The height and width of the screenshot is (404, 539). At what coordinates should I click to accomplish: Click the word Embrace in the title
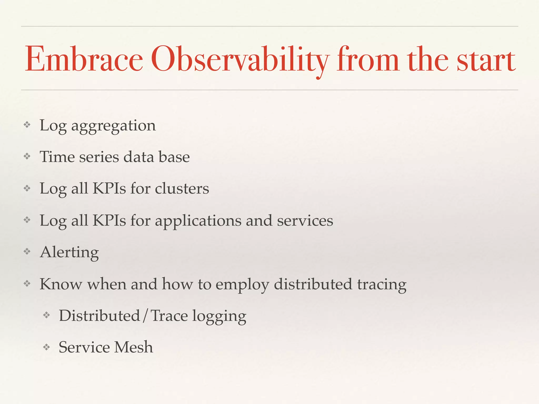[84, 59]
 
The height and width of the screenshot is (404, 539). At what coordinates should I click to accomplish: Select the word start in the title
[486, 60]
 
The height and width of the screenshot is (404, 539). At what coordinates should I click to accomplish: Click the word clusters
[182, 189]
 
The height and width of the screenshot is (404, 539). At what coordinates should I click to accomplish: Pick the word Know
[61, 284]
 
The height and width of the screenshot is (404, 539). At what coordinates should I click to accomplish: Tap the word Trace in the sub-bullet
[169, 316]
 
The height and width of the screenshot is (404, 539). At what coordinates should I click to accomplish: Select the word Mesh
[133, 347]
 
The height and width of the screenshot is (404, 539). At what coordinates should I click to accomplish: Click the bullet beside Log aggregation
[27, 125]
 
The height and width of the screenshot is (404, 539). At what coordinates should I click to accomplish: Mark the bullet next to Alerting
[27, 251]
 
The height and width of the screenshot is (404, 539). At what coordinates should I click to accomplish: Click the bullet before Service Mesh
[47, 347]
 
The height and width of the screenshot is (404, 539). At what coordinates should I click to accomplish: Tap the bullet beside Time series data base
[27, 156]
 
